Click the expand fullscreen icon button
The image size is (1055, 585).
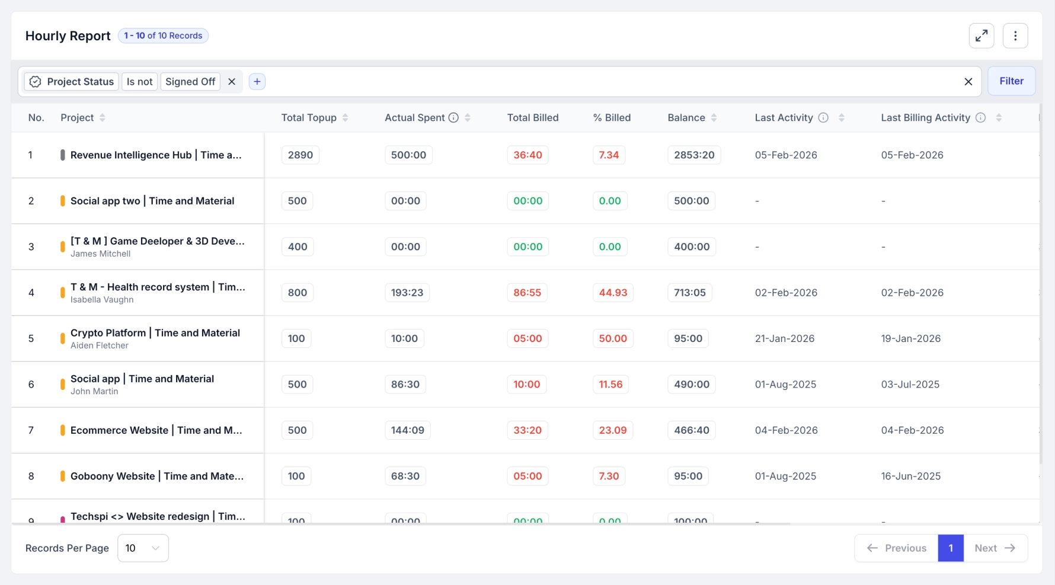982,36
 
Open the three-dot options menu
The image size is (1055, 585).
1015,36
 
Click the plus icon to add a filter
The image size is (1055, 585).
257,82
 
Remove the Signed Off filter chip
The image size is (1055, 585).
232,82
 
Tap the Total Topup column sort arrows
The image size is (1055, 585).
345,118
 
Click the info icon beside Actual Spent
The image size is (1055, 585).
453,118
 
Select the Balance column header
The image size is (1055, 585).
686,118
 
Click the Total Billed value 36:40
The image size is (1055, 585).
527,155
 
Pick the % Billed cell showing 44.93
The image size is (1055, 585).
613,293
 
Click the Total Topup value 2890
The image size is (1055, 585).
300,155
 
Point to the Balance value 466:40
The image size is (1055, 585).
692,430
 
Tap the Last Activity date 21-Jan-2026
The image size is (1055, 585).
785,338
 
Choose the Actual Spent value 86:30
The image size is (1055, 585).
405,385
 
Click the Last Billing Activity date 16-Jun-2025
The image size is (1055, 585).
911,477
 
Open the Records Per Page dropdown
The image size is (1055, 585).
143,548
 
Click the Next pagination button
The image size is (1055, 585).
995,548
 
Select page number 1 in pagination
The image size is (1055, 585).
951,548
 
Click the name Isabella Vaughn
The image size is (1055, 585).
102,300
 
